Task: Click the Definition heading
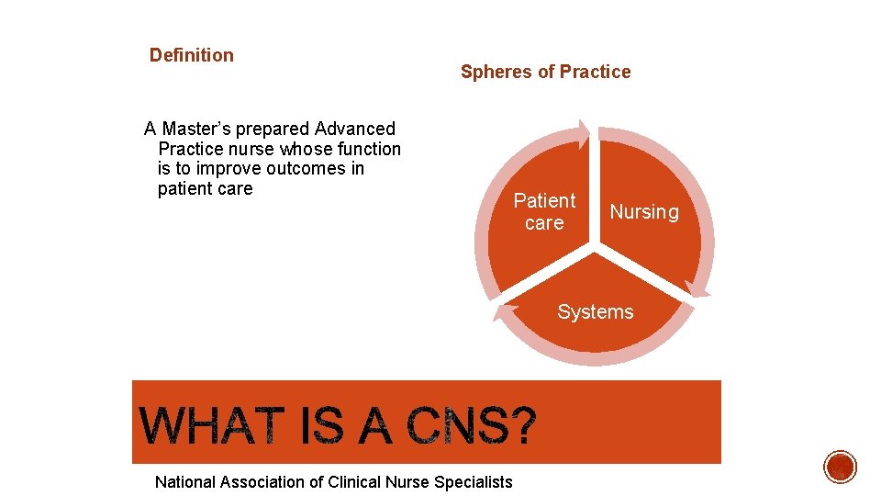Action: [x=192, y=55]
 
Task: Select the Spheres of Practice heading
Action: [x=545, y=72]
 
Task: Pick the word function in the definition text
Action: [x=367, y=149]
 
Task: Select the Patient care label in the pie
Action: [x=544, y=211]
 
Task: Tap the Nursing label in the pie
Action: [x=644, y=212]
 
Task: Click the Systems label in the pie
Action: [x=595, y=312]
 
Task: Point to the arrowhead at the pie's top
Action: [x=585, y=129]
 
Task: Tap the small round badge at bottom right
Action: [x=840, y=468]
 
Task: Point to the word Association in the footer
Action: [x=266, y=481]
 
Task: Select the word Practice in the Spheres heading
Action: [x=596, y=72]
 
